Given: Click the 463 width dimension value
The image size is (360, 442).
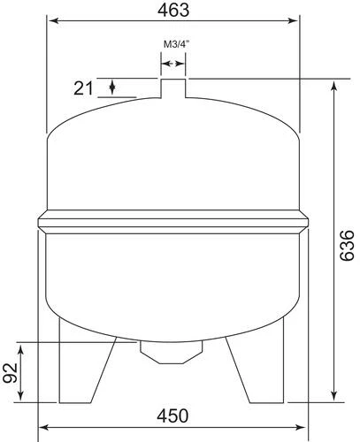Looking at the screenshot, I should click(173, 10).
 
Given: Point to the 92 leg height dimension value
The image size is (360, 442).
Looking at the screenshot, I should click(11, 371).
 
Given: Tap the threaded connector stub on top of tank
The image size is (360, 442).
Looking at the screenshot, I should click(173, 89).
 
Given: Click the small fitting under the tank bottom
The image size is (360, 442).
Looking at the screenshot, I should click(172, 351).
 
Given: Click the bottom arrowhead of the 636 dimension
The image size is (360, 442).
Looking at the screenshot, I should click(333, 397).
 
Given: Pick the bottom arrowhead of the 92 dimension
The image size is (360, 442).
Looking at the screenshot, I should click(34, 397).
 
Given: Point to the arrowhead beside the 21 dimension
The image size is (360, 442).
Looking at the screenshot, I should click(112, 86).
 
